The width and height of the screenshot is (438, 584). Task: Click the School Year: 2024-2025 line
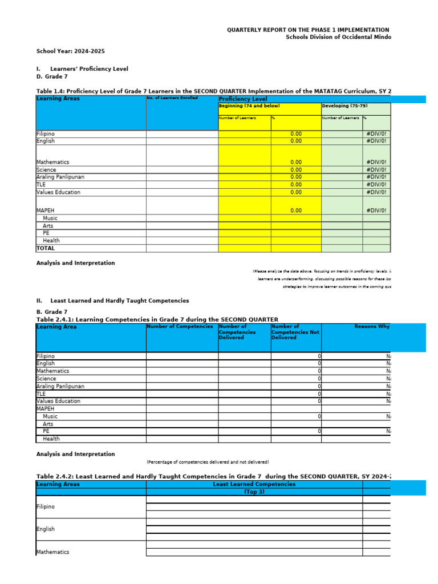pos(71,51)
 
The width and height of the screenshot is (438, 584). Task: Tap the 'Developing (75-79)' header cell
pos(344,106)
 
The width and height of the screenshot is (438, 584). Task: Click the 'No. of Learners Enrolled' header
pos(172,98)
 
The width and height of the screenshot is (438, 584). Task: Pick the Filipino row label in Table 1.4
pos(46,134)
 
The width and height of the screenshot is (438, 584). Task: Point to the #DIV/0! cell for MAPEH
pos(376,210)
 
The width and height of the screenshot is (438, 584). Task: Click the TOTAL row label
pos(46,248)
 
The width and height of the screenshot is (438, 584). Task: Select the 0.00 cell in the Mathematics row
pos(296,162)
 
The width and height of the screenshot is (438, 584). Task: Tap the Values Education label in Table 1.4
pos(58,192)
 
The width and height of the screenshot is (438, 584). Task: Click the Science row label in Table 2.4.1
pos(46,379)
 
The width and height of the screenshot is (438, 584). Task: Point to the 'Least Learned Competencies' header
pos(254,484)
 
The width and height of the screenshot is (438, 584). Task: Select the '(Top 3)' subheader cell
pos(254,492)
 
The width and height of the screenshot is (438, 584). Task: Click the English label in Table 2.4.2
pos(46,529)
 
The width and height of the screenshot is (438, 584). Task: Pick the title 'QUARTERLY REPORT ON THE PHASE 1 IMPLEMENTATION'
pos(308,30)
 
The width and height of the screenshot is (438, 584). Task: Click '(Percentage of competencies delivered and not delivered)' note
pos(208,462)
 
